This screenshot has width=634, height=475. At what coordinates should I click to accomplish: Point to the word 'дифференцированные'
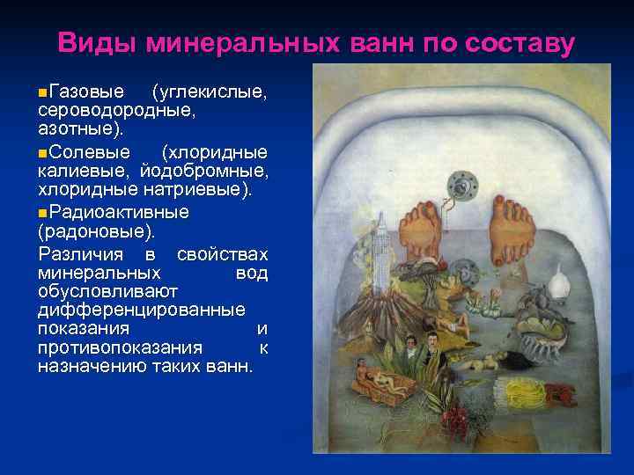pos(142,310)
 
